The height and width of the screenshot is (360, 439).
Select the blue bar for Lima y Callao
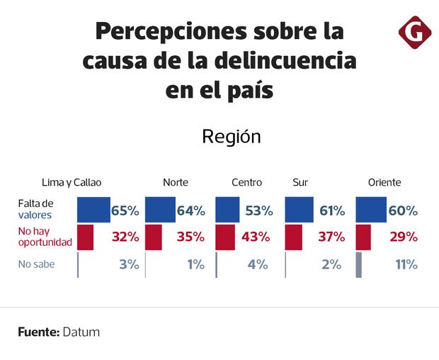[x=93, y=210]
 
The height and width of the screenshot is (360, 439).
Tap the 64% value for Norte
[x=190, y=210]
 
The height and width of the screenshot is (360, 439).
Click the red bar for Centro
[x=224, y=237]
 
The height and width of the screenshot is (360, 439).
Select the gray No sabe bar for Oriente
[x=359, y=265]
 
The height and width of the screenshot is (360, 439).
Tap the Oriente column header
[x=384, y=182]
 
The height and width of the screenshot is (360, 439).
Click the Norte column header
[x=176, y=182]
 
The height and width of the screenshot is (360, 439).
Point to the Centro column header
[x=246, y=182]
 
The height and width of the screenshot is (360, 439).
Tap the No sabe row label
[x=36, y=265]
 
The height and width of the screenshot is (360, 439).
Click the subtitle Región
[x=232, y=137]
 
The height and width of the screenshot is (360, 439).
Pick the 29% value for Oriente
[x=403, y=237]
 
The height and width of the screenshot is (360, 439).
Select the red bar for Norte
[x=154, y=237]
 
